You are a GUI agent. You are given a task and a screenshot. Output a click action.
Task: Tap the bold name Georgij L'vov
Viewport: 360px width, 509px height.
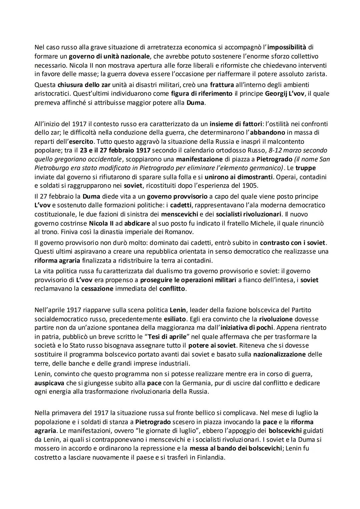pos(285,94)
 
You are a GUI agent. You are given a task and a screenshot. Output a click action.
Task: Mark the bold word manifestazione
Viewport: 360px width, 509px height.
pos(199,159)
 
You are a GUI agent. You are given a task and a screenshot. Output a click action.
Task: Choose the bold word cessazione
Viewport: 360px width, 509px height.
pos(97,289)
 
